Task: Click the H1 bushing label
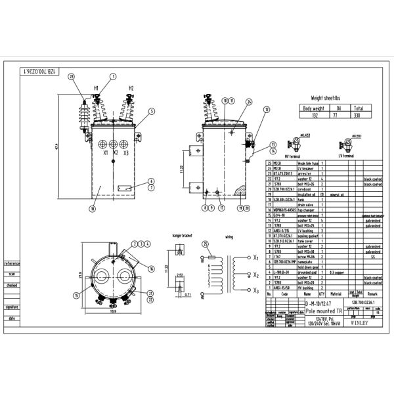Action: [x=96, y=87]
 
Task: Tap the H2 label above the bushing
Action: [x=131, y=87]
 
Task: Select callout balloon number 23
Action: [x=72, y=77]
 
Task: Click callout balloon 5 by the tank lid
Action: [x=151, y=112]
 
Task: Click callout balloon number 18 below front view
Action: [x=92, y=209]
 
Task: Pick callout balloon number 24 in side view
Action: [x=248, y=101]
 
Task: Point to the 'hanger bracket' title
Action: [x=181, y=234]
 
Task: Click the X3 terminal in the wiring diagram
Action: [x=255, y=290]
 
